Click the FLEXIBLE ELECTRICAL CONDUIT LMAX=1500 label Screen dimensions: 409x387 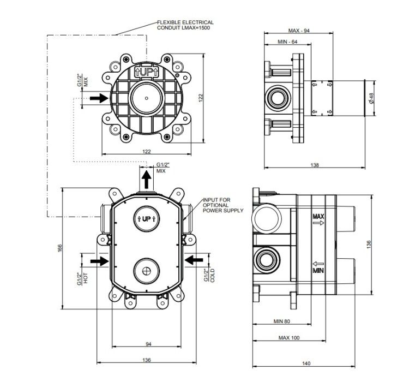click(185, 25)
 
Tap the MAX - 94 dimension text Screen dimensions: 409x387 click(299, 31)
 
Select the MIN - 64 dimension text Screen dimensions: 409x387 click(287, 42)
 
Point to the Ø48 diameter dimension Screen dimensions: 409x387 click(371, 98)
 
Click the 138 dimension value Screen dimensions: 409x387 click(315, 165)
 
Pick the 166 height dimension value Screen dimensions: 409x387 click(60, 248)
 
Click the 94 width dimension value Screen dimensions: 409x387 click(148, 344)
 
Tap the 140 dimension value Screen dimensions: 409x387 click(306, 363)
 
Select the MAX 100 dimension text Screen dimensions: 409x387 click(288, 338)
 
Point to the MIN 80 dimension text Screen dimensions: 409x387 click(282, 321)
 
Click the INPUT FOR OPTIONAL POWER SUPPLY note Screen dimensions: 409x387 click(223, 205)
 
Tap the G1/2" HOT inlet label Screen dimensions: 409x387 click(82, 278)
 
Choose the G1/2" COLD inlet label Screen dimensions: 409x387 click(209, 276)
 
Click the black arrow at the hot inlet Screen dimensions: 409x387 click(99, 261)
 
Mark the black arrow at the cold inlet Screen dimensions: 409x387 click(194, 260)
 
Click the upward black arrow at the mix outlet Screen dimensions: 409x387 click(146, 180)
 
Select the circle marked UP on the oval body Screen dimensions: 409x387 click(146, 219)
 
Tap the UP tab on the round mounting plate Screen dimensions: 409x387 click(146, 72)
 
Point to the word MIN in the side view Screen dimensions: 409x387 click(318, 270)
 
